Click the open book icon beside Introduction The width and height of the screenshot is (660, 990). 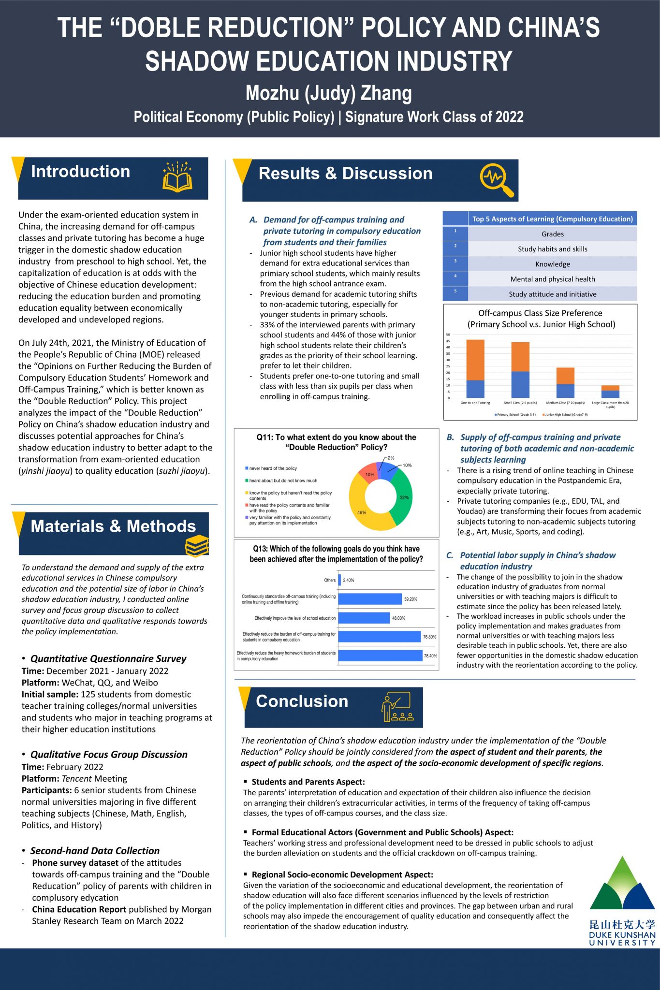coord(177,177)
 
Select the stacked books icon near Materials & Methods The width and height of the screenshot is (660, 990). coord(197,546)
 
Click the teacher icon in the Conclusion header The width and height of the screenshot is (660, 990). coord(396,707)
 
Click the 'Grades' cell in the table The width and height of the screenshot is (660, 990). coord(552,234)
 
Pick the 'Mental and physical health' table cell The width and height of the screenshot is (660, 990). coord(552,279)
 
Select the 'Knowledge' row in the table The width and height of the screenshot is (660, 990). coord(552,264)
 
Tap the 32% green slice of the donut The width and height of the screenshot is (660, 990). coord(403,498)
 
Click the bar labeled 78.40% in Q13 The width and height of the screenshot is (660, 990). coord(380,655)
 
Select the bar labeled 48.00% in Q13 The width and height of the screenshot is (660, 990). coord(364,618)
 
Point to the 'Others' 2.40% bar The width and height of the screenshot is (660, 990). coord(339,580)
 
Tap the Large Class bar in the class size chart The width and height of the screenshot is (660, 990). coord(610,392)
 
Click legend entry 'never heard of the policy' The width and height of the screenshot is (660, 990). coord(273,468)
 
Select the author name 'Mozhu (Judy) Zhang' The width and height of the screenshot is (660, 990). coord(329,93)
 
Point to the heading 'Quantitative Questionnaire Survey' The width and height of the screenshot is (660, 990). coord(108,658)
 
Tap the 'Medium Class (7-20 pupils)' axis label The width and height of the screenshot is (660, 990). coord(565,403)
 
